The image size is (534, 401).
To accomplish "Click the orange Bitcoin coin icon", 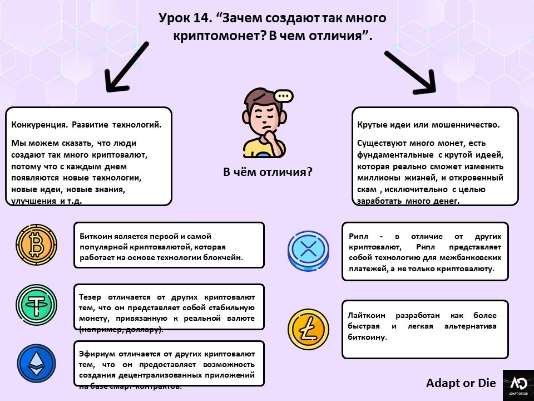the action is tap(36, 244).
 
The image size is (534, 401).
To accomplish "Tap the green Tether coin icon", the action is tap(36, 305).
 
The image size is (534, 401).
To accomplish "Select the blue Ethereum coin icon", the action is tap(36, 363).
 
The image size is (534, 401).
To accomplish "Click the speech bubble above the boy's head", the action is tap(284, 96).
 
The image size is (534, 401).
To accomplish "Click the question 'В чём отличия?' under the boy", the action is tap(268, 172).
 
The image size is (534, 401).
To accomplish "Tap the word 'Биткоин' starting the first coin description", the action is tap(98, 236).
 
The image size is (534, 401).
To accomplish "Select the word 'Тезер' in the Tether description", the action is tap(91, 297).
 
